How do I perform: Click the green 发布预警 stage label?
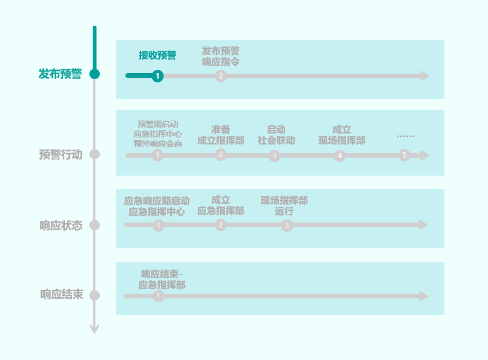(x=60, y=74)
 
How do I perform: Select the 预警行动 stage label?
(x=61, y=154)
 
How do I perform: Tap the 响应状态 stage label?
(x=61, y=225)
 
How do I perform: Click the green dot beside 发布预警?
(x=94, y=74)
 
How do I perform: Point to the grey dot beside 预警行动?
(x=94, y=154)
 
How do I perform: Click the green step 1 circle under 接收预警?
(x=158, y=76)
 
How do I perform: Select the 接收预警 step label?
(x=158, y=55)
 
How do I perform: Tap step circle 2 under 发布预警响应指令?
(x=220, y=76)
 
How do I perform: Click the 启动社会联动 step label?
(x=276, y=135)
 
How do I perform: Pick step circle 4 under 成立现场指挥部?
(x=340, y=156)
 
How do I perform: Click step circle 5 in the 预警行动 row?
(x=404, y=155)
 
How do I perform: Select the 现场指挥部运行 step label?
(x=284, y=206)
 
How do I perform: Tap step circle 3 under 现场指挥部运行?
(x=287, y=225)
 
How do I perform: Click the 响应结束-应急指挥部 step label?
(x=162, y=279)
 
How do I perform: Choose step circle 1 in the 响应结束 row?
(x=158, y=296)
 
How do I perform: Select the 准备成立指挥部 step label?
(x=221, y=135)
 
